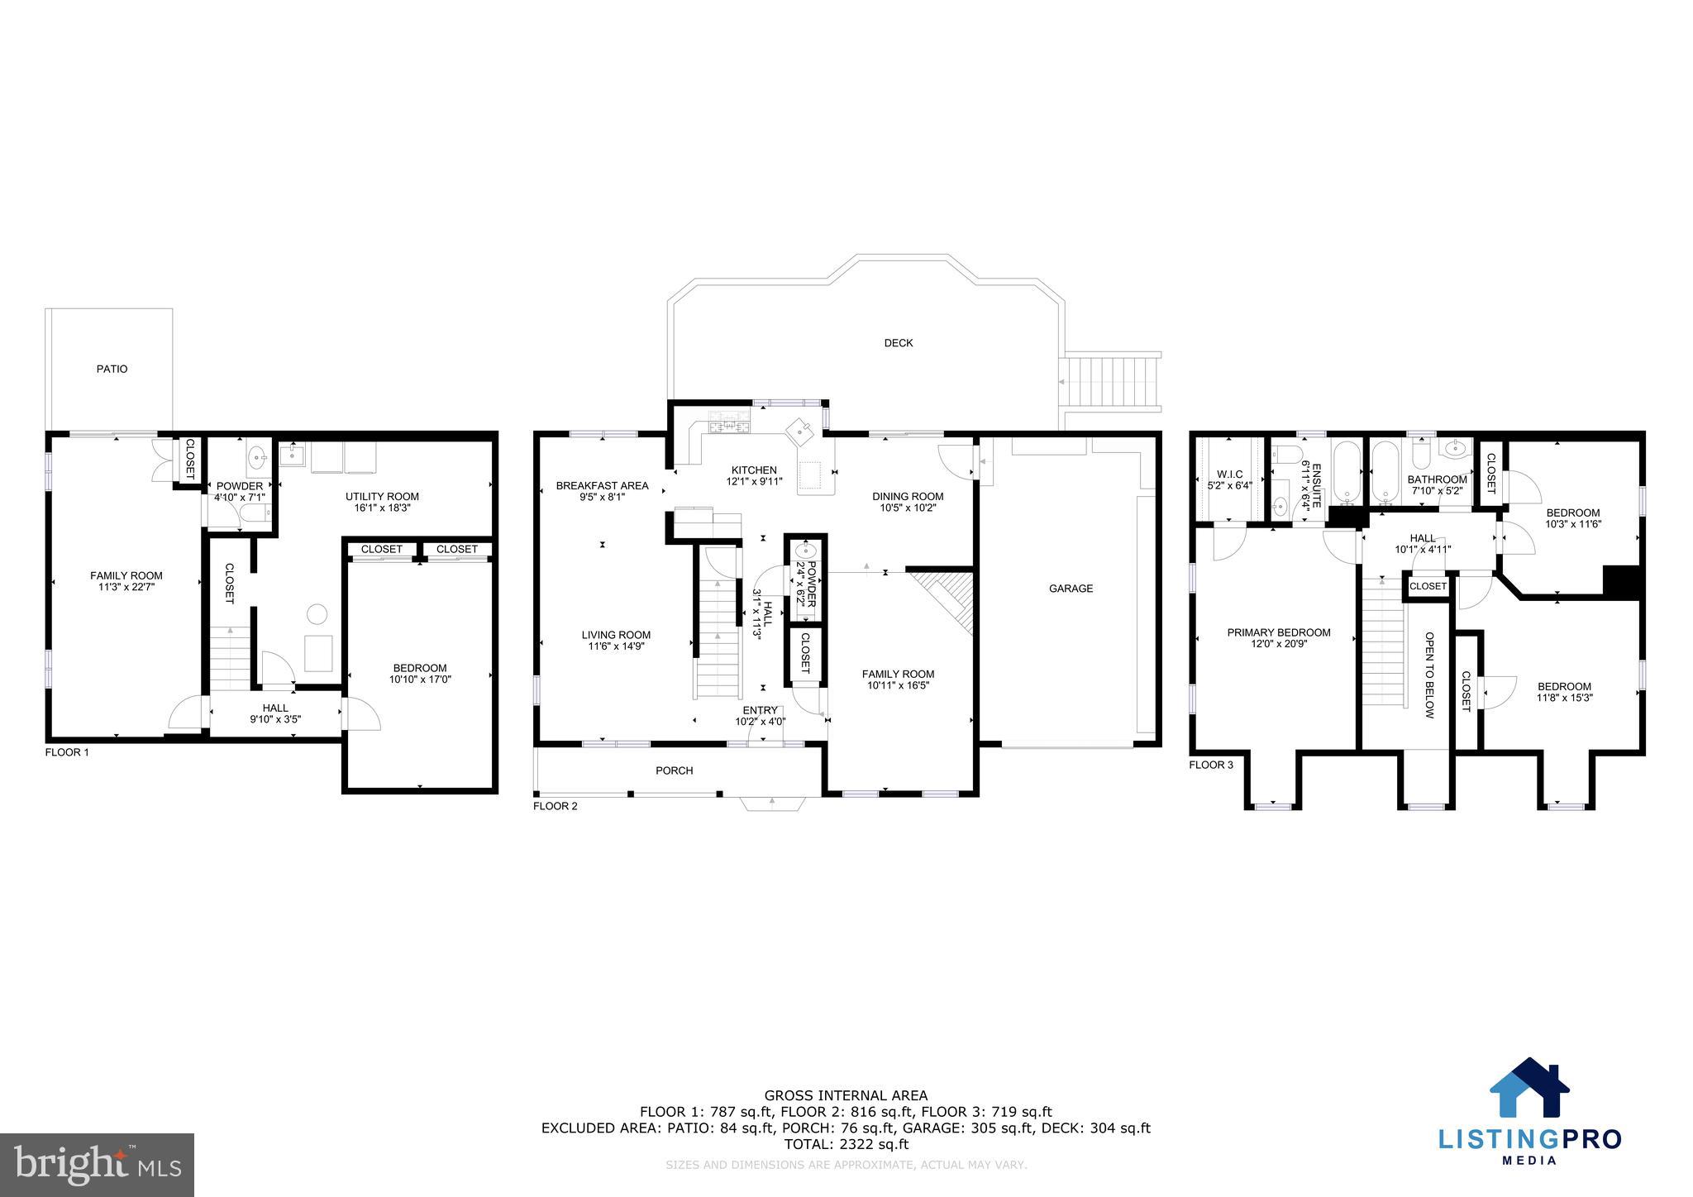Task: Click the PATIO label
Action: [x=112, y=369]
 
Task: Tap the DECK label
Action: [x=898, y=343]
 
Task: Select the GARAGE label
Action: [x=1071, y=589]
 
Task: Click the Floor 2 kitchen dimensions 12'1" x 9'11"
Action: [x=754, y=481]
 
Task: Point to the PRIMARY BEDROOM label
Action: [x=1278, y=632]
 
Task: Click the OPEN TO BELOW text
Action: [x=1429, y=675]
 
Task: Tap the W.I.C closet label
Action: [x=1229, y=475]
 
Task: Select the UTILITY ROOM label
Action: [x=382, y=497]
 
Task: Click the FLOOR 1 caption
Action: [x=66, y=752]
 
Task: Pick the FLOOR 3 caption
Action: [x=1210, y=765]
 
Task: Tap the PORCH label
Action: [x=674, y=770]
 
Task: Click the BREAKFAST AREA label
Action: [x=602, y=485]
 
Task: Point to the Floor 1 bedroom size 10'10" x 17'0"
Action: [x=420, y=680]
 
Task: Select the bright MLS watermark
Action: [x=97, y=1164]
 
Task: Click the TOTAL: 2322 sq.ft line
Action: [x=845, y=1145]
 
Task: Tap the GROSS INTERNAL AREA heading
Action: [x=845, y=1096]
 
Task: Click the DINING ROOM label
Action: [x=907, y=496]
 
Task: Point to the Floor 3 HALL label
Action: [x=1423, y=538]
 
